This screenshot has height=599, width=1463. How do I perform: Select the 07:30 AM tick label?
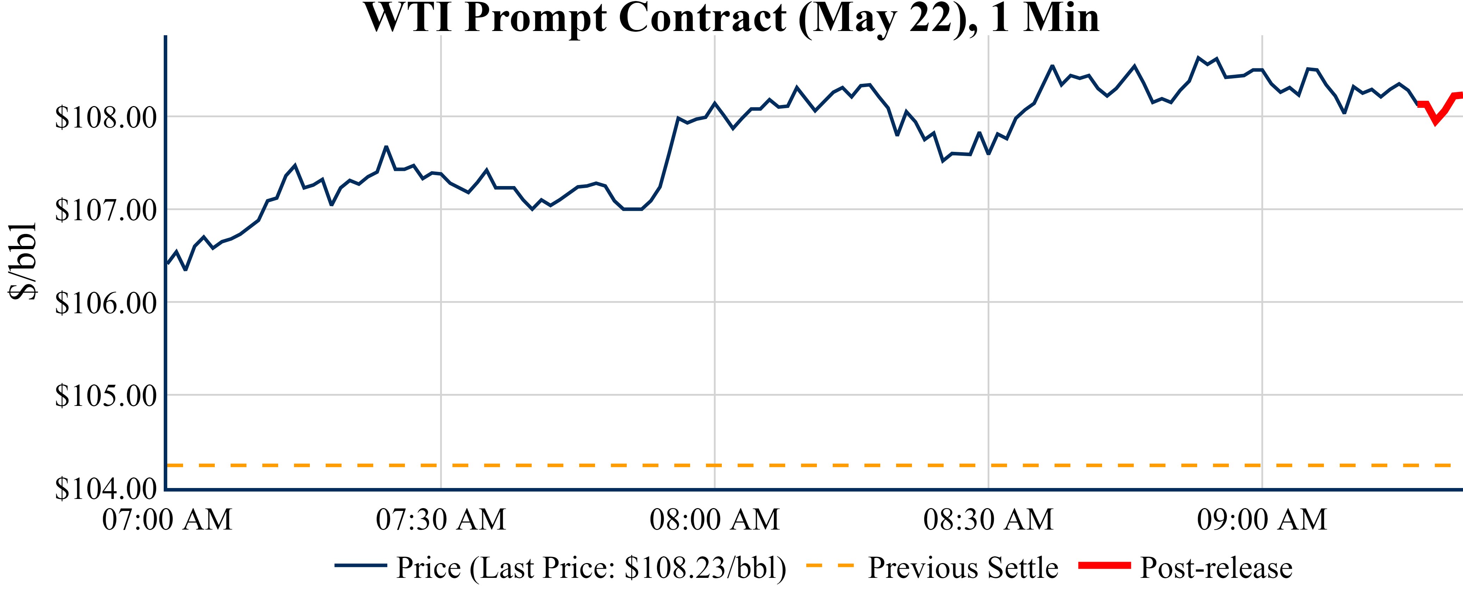click(441, 519)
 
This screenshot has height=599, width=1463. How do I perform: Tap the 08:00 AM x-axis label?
click(714, 519)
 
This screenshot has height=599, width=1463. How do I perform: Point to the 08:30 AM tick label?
click(988, 519)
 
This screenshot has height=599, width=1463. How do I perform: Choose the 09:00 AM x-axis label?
click(1262, 519)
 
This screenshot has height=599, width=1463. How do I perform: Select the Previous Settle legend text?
click(963, 568)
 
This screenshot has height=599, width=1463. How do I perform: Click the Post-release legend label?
click(1216, 568)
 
